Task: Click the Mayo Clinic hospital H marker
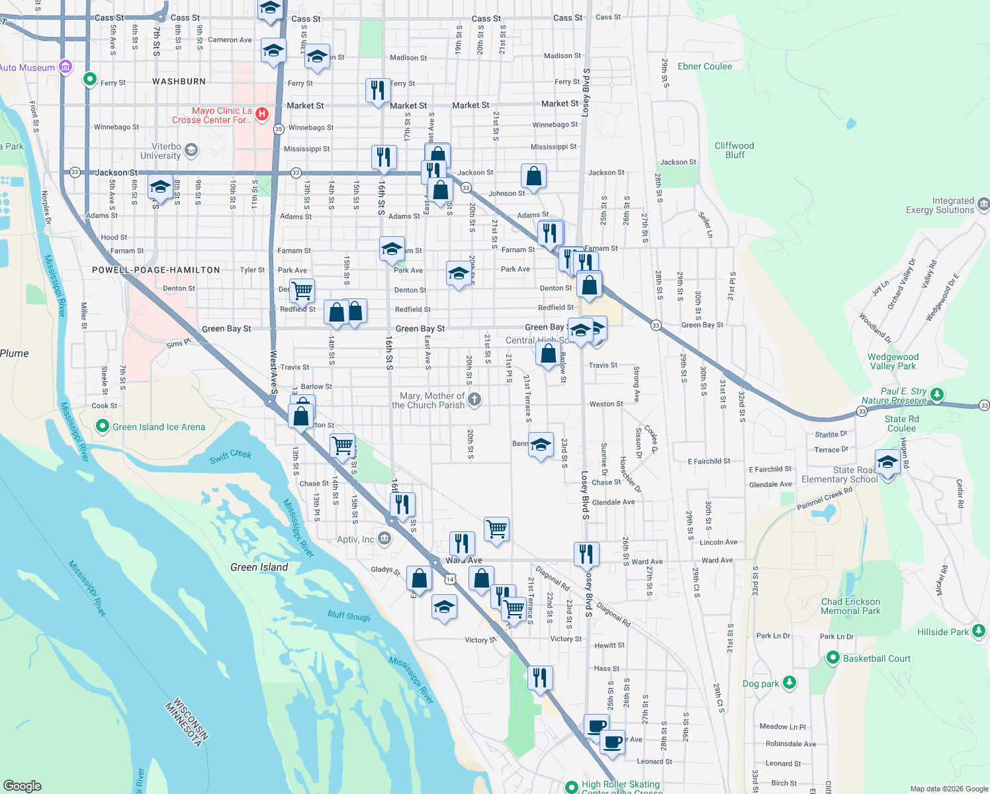[x=262, y=114]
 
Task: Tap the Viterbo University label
[x=161, y=152]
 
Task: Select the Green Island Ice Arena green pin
[x=102, y=426]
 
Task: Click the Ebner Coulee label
[x=705, y=67]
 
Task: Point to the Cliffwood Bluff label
[x=734, y=150]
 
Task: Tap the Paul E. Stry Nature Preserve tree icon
[x=936, y=395]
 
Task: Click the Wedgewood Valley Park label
[x=893, y=361]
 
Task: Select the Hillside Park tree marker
[x=979, y=631]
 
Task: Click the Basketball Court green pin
[x=832, y=658]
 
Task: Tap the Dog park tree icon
[x=789, y=682]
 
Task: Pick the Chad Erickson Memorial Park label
[x=850, y=606]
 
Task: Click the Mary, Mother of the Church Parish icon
[x=474, y=399]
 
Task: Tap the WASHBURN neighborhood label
[x=179, y=81]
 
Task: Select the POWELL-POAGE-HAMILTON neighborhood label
[x=156, y=270]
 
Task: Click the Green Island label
[x=259, y=567]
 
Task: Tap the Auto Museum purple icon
[x=65, y=67]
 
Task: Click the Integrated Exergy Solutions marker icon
[x=983, y=204]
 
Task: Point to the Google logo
[x=22, y=785]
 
